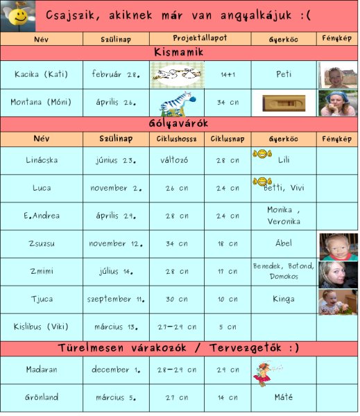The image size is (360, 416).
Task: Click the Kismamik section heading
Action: (179, 52)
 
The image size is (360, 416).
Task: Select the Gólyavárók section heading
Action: (179, 124)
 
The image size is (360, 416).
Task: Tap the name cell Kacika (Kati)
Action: (42, 73)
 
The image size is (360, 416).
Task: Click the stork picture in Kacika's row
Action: (177, 74)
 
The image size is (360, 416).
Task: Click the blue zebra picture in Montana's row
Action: (175, 103)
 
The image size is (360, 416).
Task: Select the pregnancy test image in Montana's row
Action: (283, 103)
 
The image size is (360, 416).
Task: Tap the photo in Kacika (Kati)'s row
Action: (338, 74)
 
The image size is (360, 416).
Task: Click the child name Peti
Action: (283, 73)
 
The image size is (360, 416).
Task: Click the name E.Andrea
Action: (42, 216)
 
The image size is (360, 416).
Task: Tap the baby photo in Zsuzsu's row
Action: (338, 245)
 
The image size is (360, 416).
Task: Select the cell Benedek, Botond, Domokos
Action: (283, 271)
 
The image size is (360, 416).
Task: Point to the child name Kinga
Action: (283, 299)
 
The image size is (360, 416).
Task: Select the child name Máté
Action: (283, 397)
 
